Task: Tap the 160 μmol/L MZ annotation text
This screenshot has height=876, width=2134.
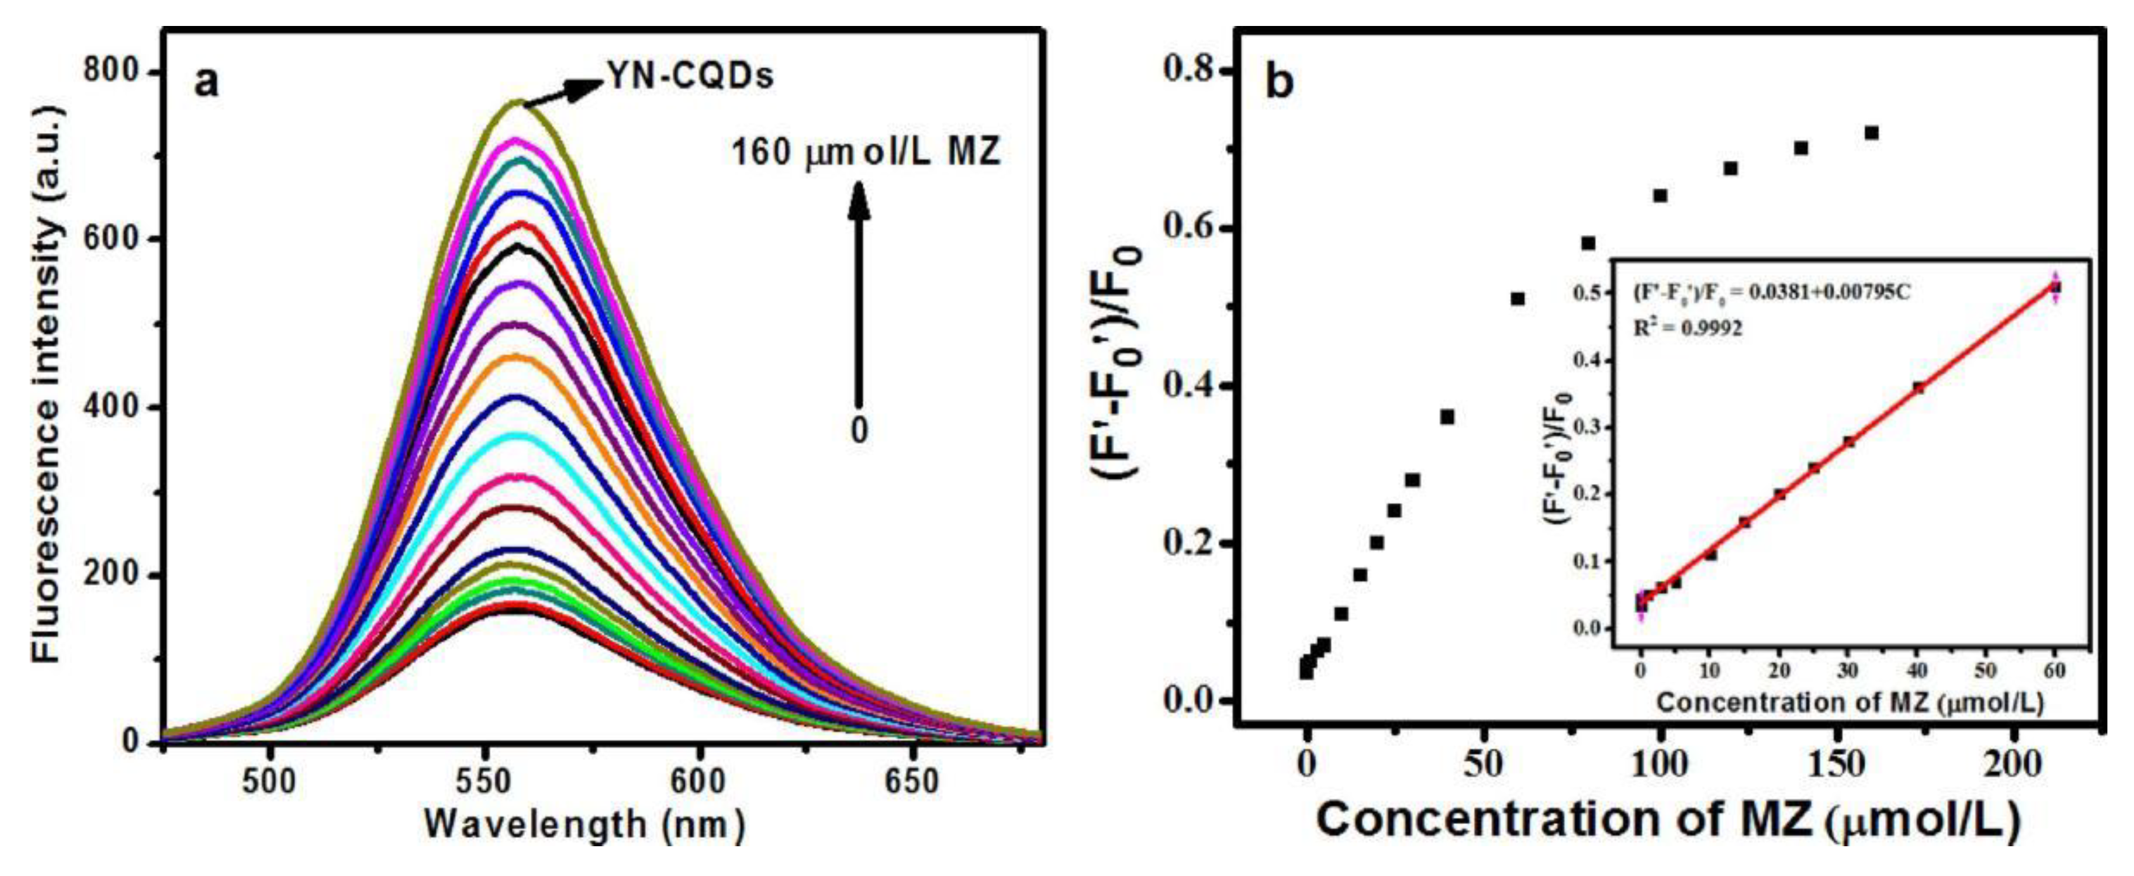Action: [866, 153]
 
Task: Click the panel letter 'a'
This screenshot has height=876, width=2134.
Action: [207, 83]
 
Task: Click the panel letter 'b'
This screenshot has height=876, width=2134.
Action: [1281, 84]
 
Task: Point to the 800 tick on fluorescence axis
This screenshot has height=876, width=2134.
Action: [110, 72]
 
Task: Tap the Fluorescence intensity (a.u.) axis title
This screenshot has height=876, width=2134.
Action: [47, 384]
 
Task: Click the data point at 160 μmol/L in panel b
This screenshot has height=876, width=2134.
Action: [1871, 132]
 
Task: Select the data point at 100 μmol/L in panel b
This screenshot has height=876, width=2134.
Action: [1660, 196]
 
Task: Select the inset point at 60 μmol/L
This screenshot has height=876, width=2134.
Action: [2055, 288]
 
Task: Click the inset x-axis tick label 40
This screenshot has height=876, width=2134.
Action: [1918, 670]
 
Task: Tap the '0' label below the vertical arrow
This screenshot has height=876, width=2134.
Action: [859, 430]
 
